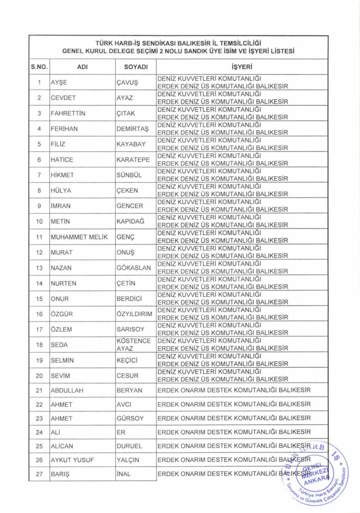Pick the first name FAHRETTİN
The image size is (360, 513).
click(x=68, y=113)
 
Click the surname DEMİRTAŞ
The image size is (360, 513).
click(x=133, y=129)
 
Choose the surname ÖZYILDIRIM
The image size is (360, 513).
click(x=134, y=314)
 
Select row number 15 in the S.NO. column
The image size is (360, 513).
click(x=39, y=299)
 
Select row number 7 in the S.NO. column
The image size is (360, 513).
click(x=39, y=175)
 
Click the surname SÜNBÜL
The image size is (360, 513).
click(x=129, y=175)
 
